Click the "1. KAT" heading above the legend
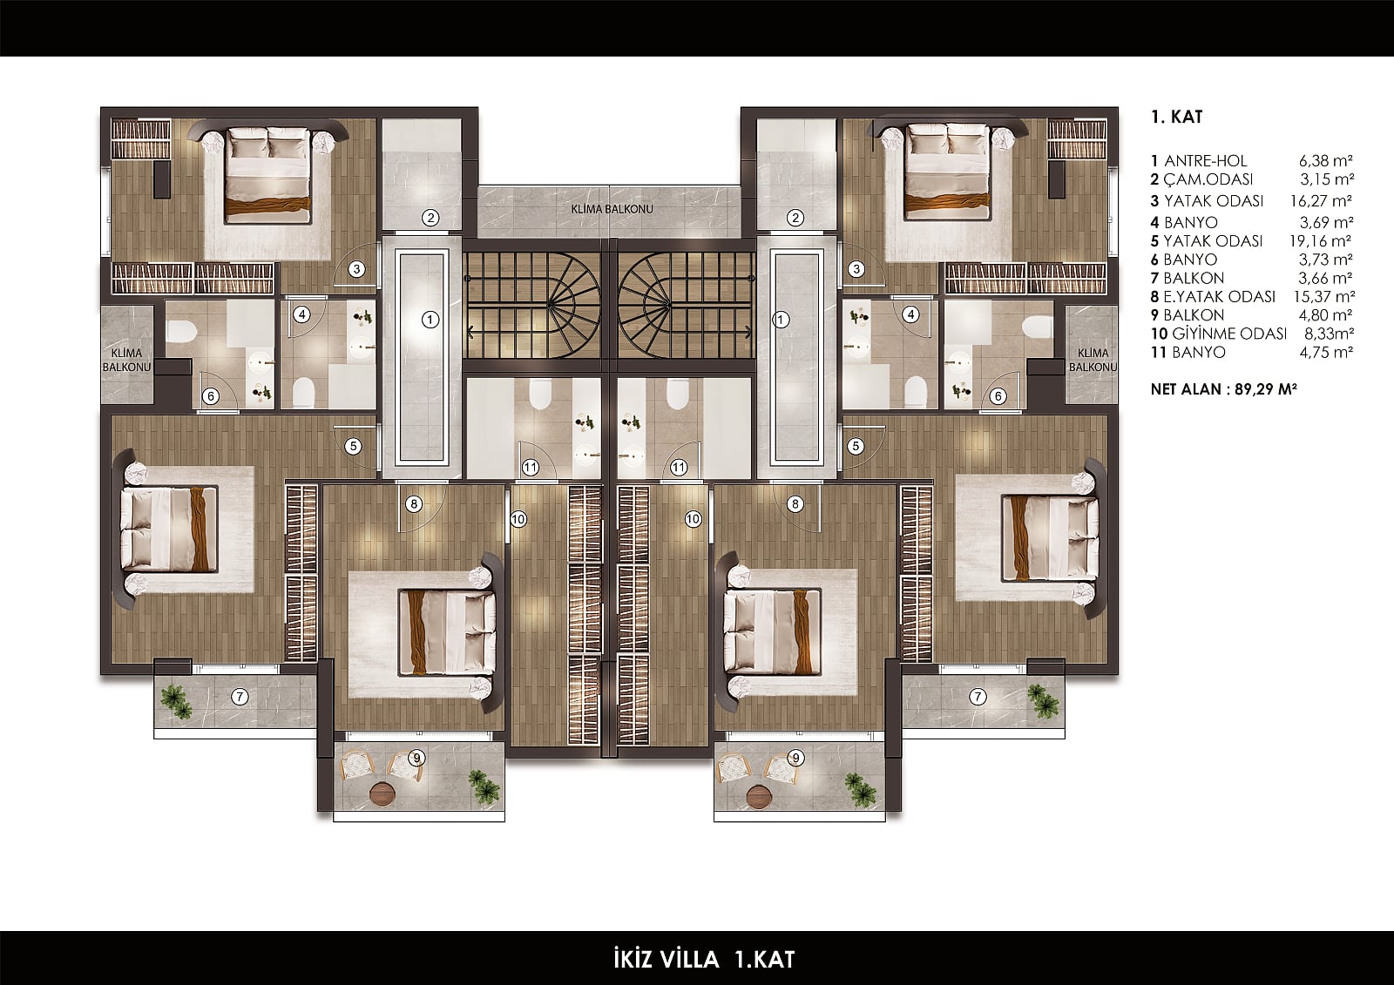pyautogui.click(x=1177, y=117)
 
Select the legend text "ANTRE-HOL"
pyautogui.click(x=1206, y=161)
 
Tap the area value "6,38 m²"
pyautogui.click(x=1325, y=161)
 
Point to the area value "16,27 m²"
pyautogui.click(x=1321, y=201)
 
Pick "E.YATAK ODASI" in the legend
pyautogui.click(x=1219, y=297)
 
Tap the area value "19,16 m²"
pyautogui.click(x=1320, y=240)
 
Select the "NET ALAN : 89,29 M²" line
pyautogui.click(x=1223, y=389)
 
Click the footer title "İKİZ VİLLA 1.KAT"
pyautogui.click(x=704, y=959)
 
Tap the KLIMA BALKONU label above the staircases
pyautogui.click(x=612, y=209)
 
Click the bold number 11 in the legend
pyautogui.click(x=1157, y=352)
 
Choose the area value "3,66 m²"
pyautogui.click(x=1325, y=278)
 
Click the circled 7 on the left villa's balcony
pyautogui.click(x=240, y=697)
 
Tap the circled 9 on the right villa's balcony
pyautogui.click(x=795, y=758)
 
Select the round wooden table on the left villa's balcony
pyautogui.click(x=382, y=794)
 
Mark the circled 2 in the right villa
pyautogui.click(x=795, y=218)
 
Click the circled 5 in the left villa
pyautogui.click(x=353, y=446)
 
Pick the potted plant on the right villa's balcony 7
pyautogui.click(x=1042, y=701)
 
